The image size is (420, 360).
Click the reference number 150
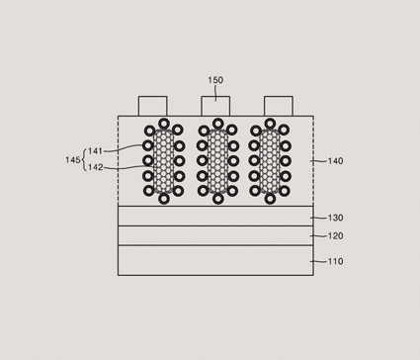coord(215,80)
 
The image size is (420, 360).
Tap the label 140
coord(335,161)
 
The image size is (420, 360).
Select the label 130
coord(335,218)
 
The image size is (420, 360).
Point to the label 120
coord(335,236)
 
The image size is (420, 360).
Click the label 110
coord(335,261)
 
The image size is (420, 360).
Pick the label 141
coord(96,151)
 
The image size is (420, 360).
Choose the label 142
coord(96,167)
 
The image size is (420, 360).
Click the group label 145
coord(73,160)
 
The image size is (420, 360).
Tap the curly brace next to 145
coord(84,160)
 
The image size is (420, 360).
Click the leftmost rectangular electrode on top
coord(152,106)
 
